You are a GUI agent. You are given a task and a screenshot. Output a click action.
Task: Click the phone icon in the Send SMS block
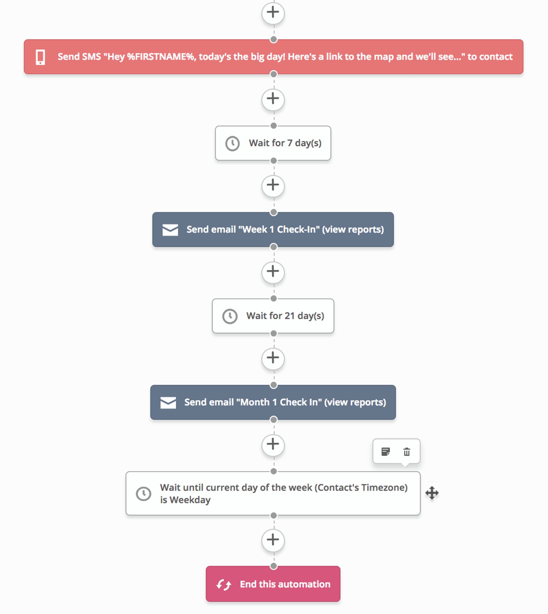40,57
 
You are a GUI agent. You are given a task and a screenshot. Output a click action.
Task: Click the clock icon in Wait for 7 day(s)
232,143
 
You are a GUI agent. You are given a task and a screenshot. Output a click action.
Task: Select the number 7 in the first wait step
290,143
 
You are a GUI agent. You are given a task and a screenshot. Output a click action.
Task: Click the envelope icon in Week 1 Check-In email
170,230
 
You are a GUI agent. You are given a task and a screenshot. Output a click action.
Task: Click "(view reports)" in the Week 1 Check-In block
353,229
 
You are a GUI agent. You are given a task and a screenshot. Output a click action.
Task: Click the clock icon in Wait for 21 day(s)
230,316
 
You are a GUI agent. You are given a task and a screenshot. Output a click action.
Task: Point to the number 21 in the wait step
289,316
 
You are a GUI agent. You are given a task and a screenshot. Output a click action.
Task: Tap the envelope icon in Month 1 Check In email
168,402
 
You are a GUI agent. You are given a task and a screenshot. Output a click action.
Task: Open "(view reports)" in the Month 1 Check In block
355,402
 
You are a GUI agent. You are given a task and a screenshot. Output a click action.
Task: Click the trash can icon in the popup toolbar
407,452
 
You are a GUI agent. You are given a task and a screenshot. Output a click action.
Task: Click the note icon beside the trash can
386,452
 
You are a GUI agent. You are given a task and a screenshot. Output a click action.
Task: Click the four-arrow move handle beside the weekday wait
432,493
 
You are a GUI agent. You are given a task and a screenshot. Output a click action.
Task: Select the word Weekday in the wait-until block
190,500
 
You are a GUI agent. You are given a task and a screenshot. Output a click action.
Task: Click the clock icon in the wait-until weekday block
144,494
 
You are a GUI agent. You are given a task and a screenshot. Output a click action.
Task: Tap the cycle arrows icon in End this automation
224,585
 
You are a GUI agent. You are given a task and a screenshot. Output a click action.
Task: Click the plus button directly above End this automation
273,540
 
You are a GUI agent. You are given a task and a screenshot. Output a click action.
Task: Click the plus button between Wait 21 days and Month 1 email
273,358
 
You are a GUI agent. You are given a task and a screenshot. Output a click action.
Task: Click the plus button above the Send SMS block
273,13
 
